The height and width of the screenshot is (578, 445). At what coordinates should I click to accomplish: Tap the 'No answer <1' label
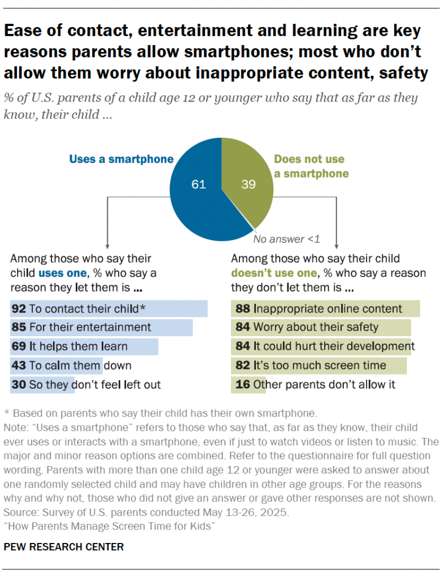286,239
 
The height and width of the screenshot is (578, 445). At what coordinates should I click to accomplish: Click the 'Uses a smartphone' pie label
121,159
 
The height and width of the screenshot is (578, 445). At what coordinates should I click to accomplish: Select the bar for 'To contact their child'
109,308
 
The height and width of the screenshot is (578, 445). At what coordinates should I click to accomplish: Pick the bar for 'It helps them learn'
84,346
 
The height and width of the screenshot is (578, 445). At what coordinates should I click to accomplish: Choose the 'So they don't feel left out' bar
42,385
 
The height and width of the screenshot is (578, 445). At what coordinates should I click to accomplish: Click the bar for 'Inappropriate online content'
325,308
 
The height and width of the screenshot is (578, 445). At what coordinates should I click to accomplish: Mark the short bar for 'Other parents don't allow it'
241,385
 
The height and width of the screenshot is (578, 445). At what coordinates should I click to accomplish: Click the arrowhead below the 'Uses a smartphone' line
107,245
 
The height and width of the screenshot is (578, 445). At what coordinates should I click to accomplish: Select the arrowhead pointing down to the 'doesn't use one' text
337,245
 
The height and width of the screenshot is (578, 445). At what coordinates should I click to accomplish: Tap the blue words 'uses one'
61,273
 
